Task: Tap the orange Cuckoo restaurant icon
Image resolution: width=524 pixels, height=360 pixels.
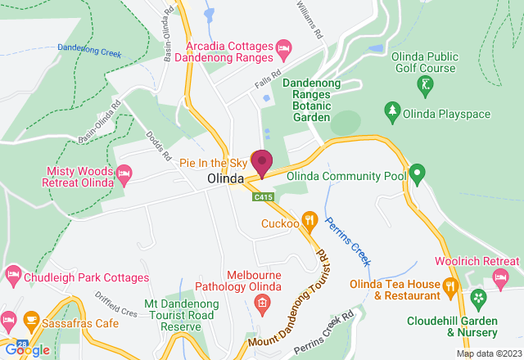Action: click(x=309, y=219)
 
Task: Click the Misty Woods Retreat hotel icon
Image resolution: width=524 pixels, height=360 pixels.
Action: click(x=124, y=173)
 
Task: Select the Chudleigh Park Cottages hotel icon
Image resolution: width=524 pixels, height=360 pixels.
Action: click(x=12, y=272)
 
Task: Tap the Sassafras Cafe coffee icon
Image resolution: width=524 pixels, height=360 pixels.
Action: click(x=30, y=317)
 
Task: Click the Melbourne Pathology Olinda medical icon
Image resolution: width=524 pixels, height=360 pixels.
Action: click(x=261, y=306)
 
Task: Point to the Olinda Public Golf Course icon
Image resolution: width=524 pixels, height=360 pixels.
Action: click(x=425, y=84)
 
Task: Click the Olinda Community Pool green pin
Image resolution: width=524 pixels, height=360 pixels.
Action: click(x=417, y=173)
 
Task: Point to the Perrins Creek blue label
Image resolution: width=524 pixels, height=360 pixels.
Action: click(x=348, y=242)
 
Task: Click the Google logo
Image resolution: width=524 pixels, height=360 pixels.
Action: click(x=26, y=350)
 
